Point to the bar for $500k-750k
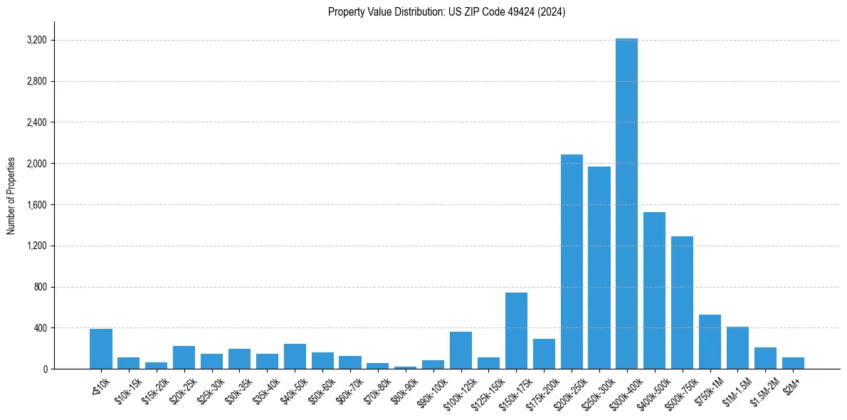[x=682, y=303]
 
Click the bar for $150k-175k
[x=516, y=331]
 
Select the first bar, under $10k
[x=101, y=349]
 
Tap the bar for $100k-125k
[x=461, y=350]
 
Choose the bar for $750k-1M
[x=710, y=342]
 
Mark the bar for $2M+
[x=793, y=363]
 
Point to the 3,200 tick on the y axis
[x=36, y=40]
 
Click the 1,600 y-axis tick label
[x=36, y=205]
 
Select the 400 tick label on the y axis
[x=39, y=328]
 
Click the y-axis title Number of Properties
[x=11, y=196]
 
